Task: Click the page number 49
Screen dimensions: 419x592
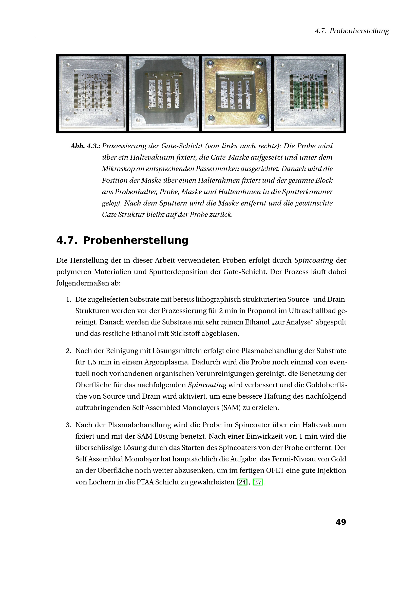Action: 340,522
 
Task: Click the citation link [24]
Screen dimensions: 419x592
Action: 242,482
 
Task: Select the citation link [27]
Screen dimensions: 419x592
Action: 258,482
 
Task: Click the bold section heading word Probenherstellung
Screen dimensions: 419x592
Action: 136,240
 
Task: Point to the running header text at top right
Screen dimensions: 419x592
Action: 352,31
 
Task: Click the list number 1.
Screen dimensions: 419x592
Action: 68,299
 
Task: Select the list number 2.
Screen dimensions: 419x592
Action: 68,351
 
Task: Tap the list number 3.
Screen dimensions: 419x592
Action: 68,425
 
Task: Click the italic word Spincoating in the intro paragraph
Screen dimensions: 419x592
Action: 314,260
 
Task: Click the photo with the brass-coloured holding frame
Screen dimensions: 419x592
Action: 236,94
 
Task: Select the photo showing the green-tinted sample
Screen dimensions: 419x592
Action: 309,94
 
